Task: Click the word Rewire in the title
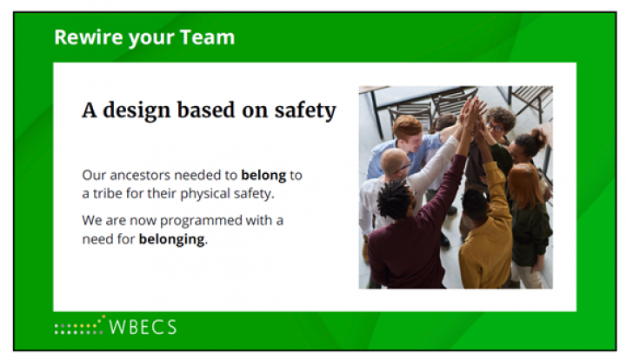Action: pos(89,37)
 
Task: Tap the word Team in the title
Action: pos(207,37)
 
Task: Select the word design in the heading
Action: pos(137,111)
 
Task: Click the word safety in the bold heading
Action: pos(305,111)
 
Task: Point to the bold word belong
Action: pos(263,175)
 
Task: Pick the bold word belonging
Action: pos(171,239)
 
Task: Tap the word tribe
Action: pos(108,194)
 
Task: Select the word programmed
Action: pos(201,221)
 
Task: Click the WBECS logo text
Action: pos(143,327)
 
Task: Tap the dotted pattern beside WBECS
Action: pos(80,326)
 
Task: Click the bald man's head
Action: pos(395,162)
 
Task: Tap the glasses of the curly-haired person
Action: pos(494,128)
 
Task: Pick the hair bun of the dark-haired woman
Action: pos(540,137)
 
